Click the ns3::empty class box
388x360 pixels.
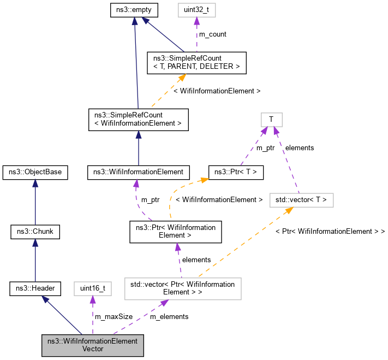coord(134,10)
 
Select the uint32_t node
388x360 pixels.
coord(196,10)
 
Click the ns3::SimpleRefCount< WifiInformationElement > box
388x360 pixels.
coord(138,119)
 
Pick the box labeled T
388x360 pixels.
coord(271,119)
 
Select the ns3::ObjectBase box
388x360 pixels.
coord(35,173)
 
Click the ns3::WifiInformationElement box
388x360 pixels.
coord(139,173)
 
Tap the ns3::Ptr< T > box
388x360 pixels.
coord(236,173)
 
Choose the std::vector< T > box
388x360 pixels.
coord(302,200)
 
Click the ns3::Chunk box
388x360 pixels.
coord(35,232)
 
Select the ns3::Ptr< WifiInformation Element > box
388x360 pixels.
coord(175,232)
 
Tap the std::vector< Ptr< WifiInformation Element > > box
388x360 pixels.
coord(183,288)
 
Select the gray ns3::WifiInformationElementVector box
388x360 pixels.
coord(92,345)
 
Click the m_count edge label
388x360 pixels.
coord(212,34)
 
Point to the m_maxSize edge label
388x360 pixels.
coord(114,316)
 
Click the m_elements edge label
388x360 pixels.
coord(169,316)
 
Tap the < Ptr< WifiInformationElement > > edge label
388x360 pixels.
coord(330,232)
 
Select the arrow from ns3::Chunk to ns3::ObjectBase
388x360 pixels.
coord(35,202)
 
